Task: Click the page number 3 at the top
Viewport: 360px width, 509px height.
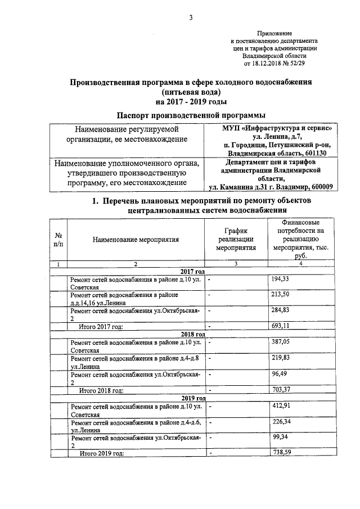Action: coord(191,17)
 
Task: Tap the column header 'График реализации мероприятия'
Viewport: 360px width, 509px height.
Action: coord(236,239)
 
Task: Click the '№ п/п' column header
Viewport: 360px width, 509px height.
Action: coord(58,239)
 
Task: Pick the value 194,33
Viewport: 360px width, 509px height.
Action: coord(280,279)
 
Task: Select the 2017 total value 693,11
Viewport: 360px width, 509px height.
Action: coord(280,325)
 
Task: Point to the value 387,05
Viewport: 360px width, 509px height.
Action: coord(280,342)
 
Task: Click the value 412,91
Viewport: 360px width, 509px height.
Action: coord(280,406)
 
